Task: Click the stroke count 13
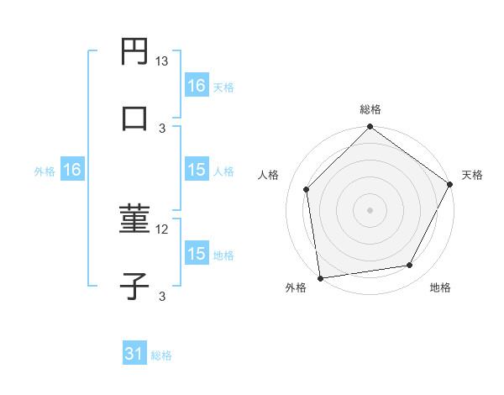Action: click(162, 61)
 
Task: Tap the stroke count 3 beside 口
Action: click(162, 128)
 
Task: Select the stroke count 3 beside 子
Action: click(162, 296)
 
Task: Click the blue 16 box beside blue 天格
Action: click(197, 86)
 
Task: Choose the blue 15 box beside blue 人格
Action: click(197, 170)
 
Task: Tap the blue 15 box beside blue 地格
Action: click(197, 254)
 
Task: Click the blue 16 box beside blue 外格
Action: click(72, 170)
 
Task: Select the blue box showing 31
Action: click(134, 355)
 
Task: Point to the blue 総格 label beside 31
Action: click(161, 355)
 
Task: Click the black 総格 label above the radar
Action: click(370, 109)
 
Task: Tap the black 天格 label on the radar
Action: click(472, 175)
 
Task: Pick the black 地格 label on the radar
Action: click(440, 288)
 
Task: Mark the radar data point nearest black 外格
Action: click(320, 277)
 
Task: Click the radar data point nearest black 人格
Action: click(307, 189)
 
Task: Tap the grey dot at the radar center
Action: click(370, 209)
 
